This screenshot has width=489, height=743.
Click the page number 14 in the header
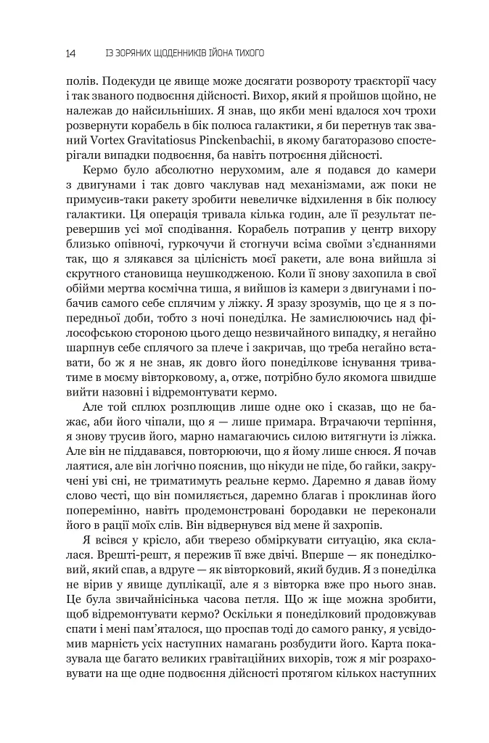click(70, 53)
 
